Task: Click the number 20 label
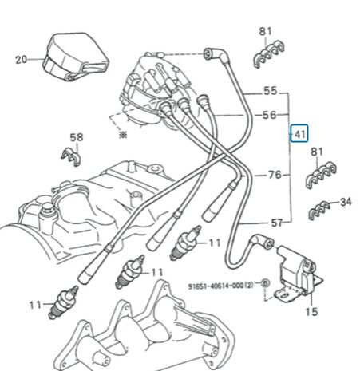tap(21, 58)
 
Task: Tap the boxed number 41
tap(299, 134)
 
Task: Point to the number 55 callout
tap(270, 91)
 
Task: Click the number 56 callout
tap(270, 115)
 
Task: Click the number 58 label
tap(76, 138)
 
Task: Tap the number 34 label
tap(346, 202)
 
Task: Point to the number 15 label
tap(311, 311)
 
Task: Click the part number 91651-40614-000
tap(214, 285)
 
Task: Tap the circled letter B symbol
tap(266, 285)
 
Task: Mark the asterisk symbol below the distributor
tap(121, 136)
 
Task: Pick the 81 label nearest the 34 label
tap(318, 152)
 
